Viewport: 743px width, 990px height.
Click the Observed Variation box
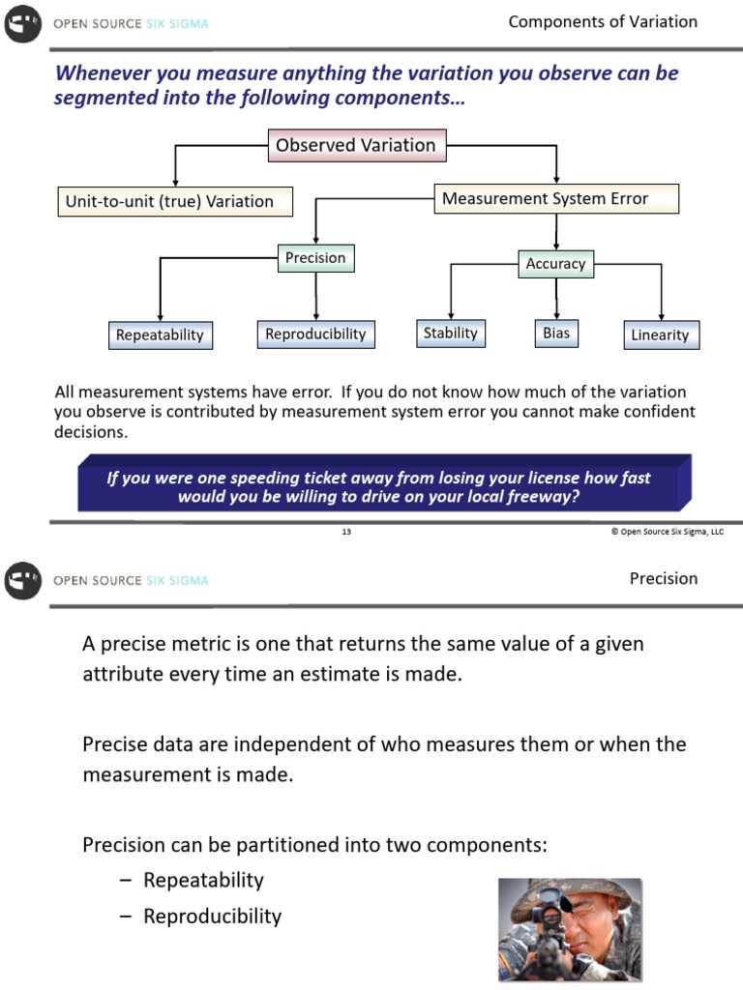coord(355,145)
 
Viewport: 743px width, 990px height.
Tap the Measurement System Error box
coord(555,198)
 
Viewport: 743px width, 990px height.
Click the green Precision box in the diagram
coord(315,258)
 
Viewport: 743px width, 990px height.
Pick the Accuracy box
coord(555,263)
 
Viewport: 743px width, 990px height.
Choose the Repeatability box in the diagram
coord(160,335)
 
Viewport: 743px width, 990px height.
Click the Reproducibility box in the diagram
coord(315,335)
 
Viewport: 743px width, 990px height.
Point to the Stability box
coord(451,334)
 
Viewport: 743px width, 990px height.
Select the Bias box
coord(556,334)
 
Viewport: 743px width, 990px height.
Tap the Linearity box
coord(660,335)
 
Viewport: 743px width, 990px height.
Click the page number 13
coord(346,532)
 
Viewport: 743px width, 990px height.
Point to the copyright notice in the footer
coord(667,532)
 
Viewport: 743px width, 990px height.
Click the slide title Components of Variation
coord(603,22)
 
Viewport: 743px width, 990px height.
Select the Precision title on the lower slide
coord(663,578)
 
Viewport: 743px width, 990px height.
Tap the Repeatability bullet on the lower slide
coord(203,880)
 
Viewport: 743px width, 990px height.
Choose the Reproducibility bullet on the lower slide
coord(212,916)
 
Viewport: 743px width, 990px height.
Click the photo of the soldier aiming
coord(570,929)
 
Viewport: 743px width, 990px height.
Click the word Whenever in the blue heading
coord(98,73)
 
